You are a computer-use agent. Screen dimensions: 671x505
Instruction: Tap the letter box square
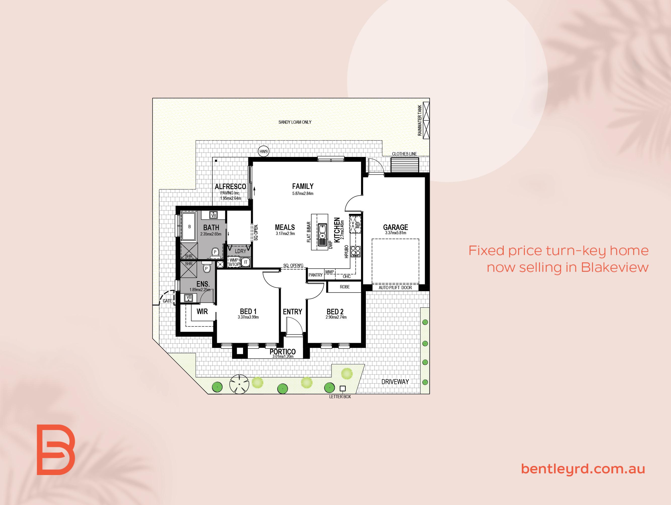coord(343,388)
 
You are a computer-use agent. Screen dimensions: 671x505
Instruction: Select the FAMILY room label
coord(303,186)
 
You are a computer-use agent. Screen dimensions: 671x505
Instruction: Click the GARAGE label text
coord(395,227)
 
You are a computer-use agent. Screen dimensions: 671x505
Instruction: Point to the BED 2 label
coord(335,312)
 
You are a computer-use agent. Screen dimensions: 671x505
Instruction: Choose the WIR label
coord(202,311)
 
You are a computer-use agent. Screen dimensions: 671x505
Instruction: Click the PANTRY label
coord(315,275)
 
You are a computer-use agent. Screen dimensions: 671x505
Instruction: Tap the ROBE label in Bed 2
coord(345,287)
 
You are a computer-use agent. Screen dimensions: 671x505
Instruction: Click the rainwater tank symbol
coord(426,120)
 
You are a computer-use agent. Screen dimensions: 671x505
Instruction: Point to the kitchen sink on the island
coord(322,235)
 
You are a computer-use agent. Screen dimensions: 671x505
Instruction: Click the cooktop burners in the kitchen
coord(355,251)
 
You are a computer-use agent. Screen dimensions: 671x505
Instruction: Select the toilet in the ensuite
coord(207,267)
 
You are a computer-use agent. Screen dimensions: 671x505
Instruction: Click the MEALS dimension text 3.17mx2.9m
coord(285,233)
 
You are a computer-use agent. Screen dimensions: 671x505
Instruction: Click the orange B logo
coord(56,449)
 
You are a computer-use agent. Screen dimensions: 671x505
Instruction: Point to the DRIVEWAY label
coord(395,382)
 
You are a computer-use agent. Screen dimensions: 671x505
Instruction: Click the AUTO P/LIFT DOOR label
coord(395,288)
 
